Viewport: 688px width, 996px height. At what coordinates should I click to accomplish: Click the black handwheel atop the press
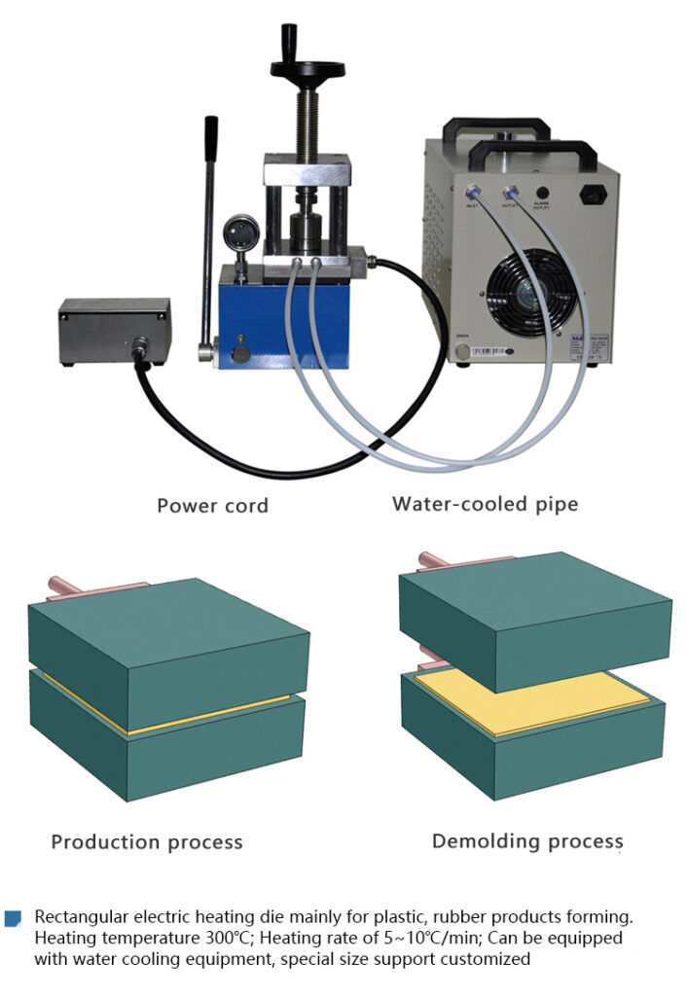[308, 69]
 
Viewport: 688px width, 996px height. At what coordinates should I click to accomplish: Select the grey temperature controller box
[114, 330]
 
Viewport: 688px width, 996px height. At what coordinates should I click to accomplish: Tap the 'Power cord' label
[212, 506]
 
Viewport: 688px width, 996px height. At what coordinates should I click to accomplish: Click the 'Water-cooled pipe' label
[485, 504]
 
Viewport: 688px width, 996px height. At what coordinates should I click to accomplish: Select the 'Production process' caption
[146, 841]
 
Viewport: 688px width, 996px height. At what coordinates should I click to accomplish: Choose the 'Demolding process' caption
[526, 840]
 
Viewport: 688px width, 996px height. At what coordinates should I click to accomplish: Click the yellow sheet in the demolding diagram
[530, 700]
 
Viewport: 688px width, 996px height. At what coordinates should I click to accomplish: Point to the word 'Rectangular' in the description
[79, 917]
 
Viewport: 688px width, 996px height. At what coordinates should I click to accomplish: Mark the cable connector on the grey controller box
[138, 346]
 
